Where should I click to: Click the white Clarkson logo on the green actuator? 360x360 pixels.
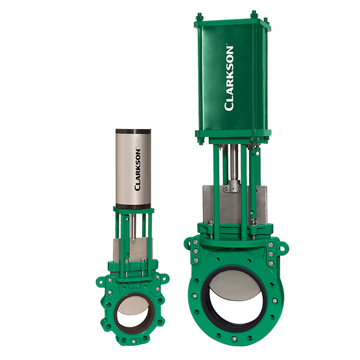click(229, 78)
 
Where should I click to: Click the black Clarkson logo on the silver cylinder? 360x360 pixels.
click(138, 170)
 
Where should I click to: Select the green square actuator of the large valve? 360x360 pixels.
click(233, 78)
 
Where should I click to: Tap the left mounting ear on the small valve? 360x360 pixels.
click(101, 282)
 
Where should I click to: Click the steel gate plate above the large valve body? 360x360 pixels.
click(235, 205)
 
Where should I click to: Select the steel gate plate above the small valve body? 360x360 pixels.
click(133, 250)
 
